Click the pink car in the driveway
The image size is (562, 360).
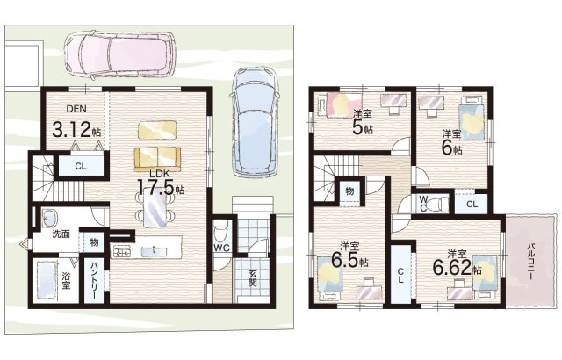[x=119, y=54]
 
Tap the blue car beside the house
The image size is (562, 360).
[x=256, y=123]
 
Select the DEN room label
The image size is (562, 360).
[x=76, y=109]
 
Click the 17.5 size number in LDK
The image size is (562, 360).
[x=156, y=187]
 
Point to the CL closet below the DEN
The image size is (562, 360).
[x=81, y=166]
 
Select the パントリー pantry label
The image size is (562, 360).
[x=94, y=281]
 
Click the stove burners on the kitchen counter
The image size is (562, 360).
[x=123, y=251]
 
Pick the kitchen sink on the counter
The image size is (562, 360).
[x=155, y=251]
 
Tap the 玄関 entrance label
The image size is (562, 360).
[x=253, y=278]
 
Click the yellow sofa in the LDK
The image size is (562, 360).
[x=157, y=160]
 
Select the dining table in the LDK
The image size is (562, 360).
[x=155, y=211]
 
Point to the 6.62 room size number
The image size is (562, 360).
[x=452, y=267]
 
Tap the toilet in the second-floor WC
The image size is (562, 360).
[x=437, y=204]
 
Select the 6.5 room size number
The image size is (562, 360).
[x=345, y=260]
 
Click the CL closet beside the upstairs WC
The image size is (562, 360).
[x=472, y=205]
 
